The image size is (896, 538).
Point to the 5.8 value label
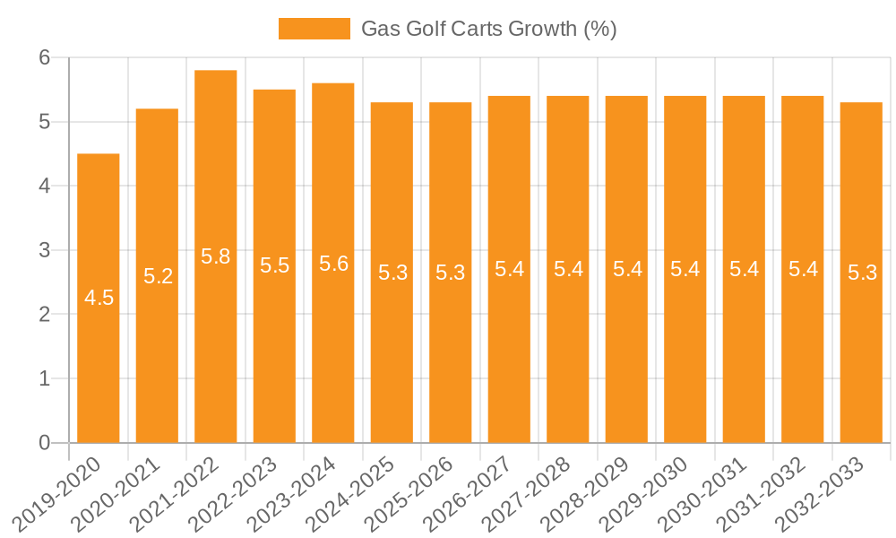(216, 257)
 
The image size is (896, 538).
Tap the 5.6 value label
(333, 264)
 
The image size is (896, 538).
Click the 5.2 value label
(158, 276)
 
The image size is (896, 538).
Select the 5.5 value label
(274, 266)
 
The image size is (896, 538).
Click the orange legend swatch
(314, 29)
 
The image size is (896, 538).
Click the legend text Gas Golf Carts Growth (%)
(488, 29)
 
